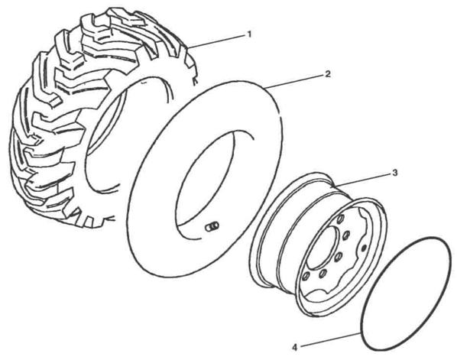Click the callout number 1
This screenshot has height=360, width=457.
[x=249, y=34]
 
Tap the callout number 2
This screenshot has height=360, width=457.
[x=328, y=74]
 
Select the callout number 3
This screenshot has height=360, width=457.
[x=394, y=173]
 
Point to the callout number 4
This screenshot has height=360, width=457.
[x=295, y=348]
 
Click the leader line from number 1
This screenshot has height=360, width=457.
[x=216, y=41]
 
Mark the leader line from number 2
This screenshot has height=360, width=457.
[x=294, y=81]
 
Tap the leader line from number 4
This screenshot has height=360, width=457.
[x=330, y=340]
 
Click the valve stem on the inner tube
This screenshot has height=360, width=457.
[x=212, y=226]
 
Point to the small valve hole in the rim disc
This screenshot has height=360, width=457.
[x=364, y=248]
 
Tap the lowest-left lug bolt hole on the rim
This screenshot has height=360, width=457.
[x=306, y=276]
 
